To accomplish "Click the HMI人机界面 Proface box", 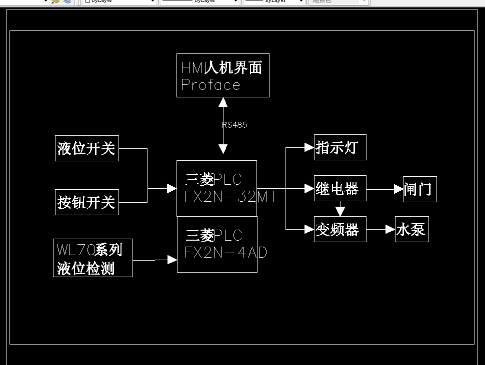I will pos(223,75).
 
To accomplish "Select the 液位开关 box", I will pos(86,148).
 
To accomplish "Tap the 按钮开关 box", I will pos(86,202).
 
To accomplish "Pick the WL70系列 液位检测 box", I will pos(93,258).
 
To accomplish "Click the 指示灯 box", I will pos(340,147).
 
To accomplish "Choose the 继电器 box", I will pos(340,188).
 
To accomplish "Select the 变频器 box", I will pos(340,229).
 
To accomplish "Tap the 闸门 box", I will pos(420,189).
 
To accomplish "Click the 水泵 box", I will pos(412,229).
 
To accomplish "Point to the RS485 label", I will pos(234,125).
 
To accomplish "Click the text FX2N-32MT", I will pos(230,197).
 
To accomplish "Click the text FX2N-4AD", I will pos(225,253).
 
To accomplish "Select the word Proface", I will pos(210,85).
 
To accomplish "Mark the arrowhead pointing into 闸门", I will pos(398,189).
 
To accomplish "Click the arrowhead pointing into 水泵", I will pos(390,229).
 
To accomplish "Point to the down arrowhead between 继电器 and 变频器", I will pos(340,211).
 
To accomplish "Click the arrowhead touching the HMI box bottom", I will pos(223,102).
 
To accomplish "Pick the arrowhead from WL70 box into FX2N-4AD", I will pos(172,260).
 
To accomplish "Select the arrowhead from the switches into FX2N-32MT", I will pos(172,188).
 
